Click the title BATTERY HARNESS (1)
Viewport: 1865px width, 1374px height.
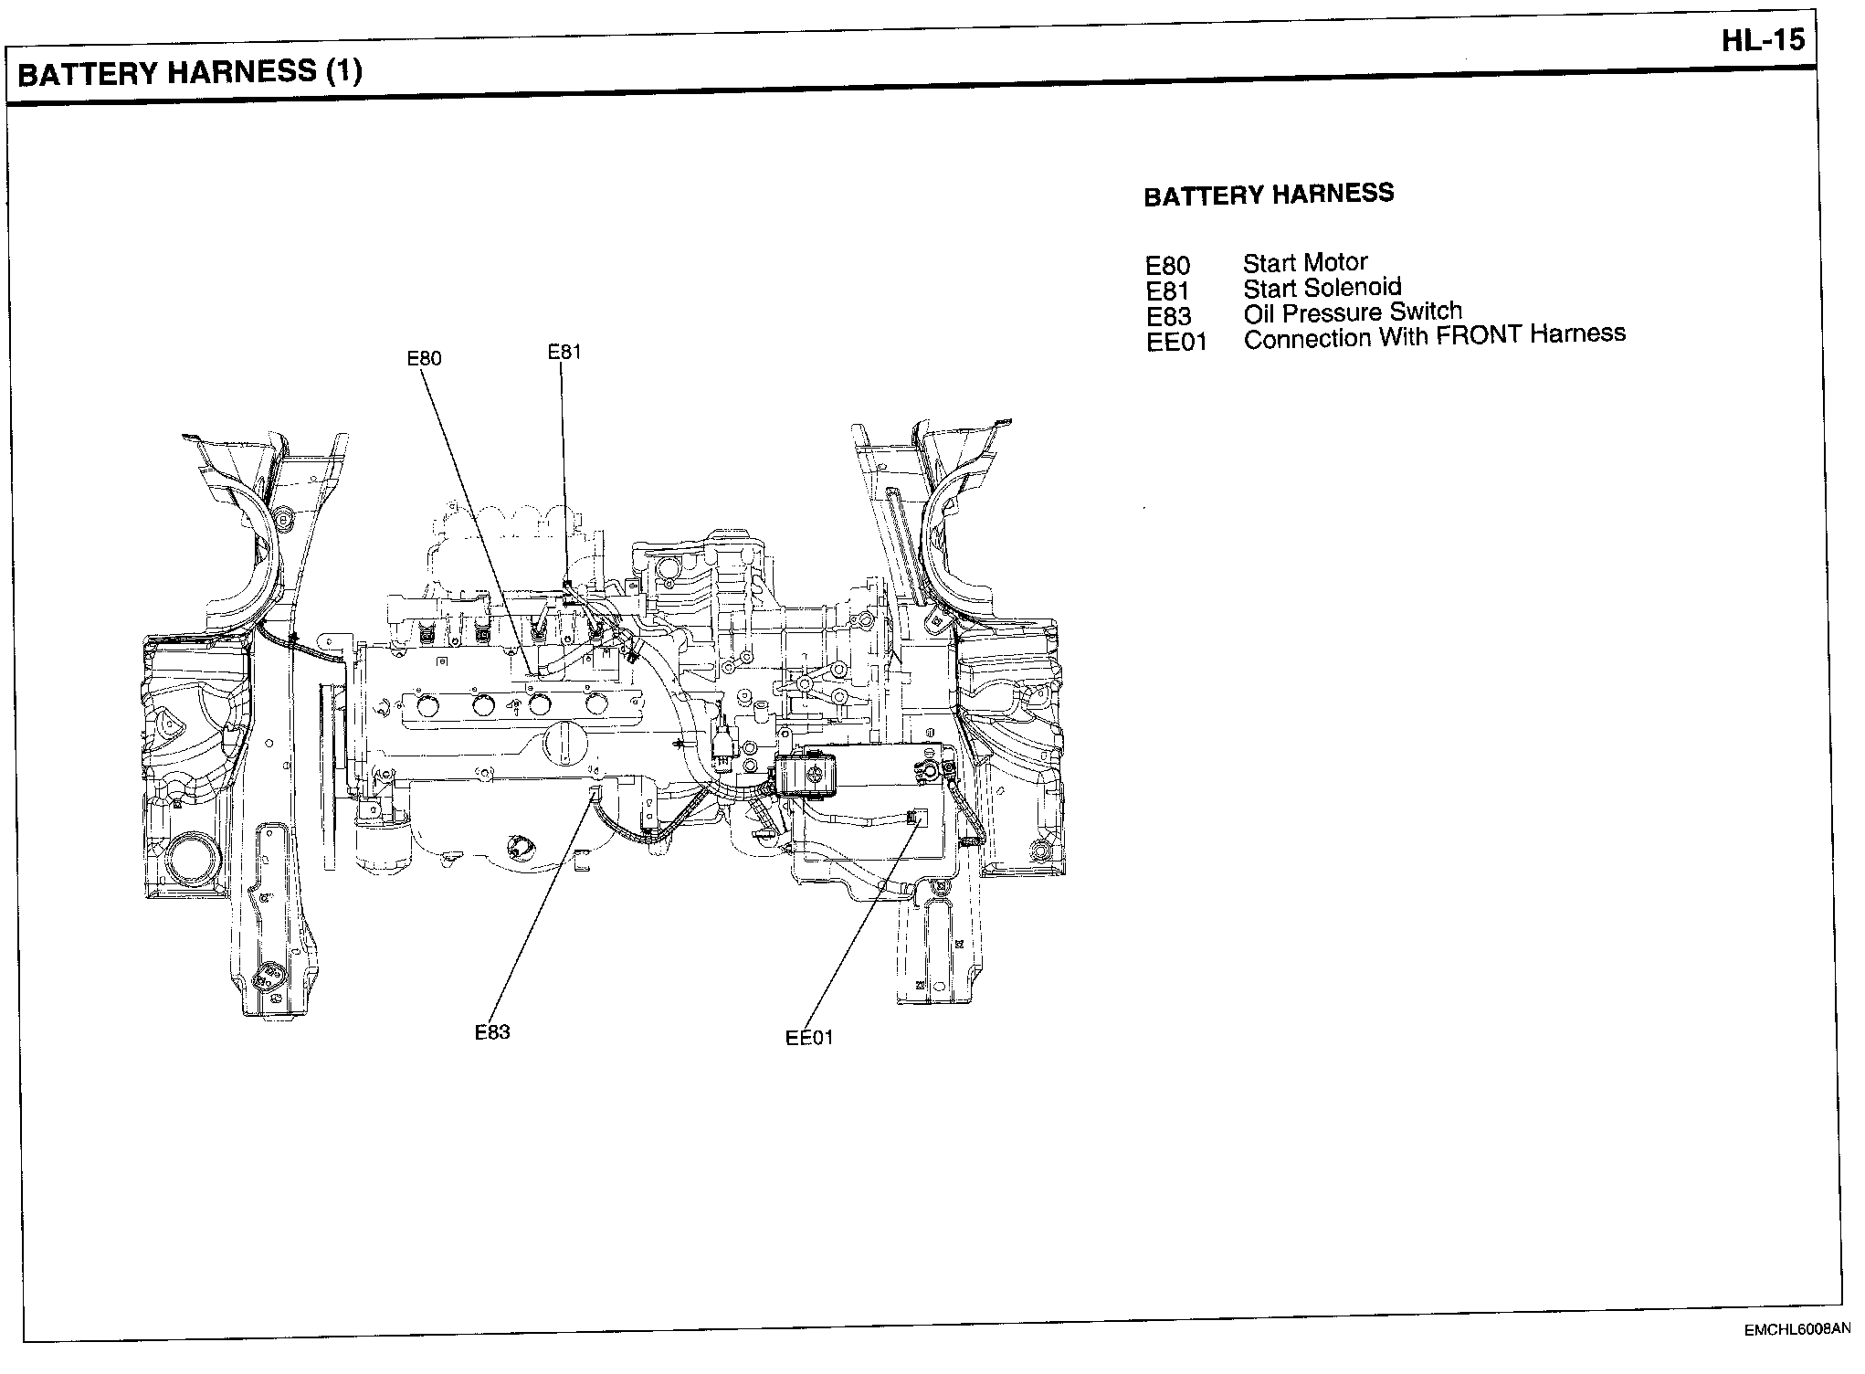point(190,73)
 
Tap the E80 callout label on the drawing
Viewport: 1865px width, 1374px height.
point(424,358)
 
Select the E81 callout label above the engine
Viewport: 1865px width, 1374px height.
point(564,352)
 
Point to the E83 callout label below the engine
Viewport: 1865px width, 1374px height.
point(491,1032)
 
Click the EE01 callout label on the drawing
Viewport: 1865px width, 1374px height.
point(809,1038)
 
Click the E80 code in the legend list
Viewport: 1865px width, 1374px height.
point(1167,266)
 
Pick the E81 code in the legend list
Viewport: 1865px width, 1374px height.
point(1167,291)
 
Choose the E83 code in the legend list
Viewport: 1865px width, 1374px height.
point(1168,317)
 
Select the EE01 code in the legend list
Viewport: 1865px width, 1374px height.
point(1176,343)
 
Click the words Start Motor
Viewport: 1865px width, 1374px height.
point(1304,263)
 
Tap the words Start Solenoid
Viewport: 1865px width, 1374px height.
point(1321,288)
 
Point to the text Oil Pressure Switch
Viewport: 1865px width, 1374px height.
point(1352,312)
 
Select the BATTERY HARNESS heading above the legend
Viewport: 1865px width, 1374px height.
point(1268,195)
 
